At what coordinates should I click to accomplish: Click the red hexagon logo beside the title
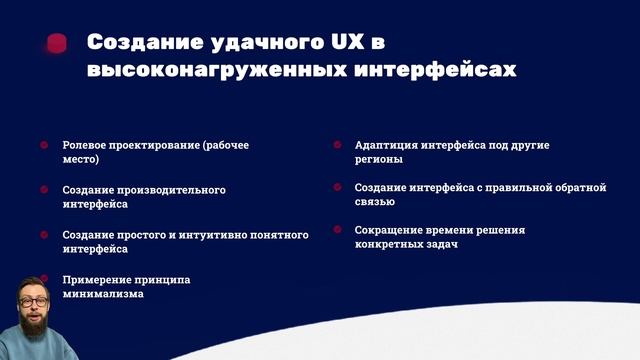click(x=57, y=43)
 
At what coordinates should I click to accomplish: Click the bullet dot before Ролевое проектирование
click(x=44, y=145)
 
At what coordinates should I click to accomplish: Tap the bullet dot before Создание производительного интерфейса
click(x=44, y=189)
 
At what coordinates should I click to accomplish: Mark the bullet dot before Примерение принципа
click(x=44, y=279)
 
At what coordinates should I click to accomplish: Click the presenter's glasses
click(x=37, y=301)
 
